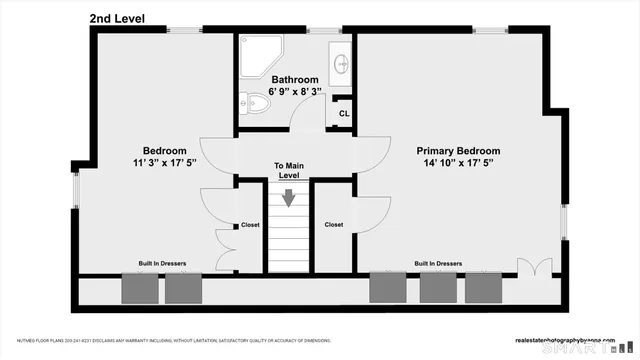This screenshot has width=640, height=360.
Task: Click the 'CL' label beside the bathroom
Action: pyautogui.click(x=343, y=113)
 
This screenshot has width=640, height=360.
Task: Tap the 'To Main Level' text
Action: pyautogui.click(x=288, y=170)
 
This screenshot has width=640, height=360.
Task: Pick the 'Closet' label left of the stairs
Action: pyautogui.click(x=250, y=225)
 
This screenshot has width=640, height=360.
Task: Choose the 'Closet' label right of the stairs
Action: pyautogui.click(x=334, y=225)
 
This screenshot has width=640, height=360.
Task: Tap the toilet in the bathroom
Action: pyautogui.click(x=255, y=101)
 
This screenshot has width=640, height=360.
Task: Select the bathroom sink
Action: pyautogui.click(x=341, y=63)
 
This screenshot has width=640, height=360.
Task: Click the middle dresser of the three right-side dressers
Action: pyautogui.click(x=437, y=287)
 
